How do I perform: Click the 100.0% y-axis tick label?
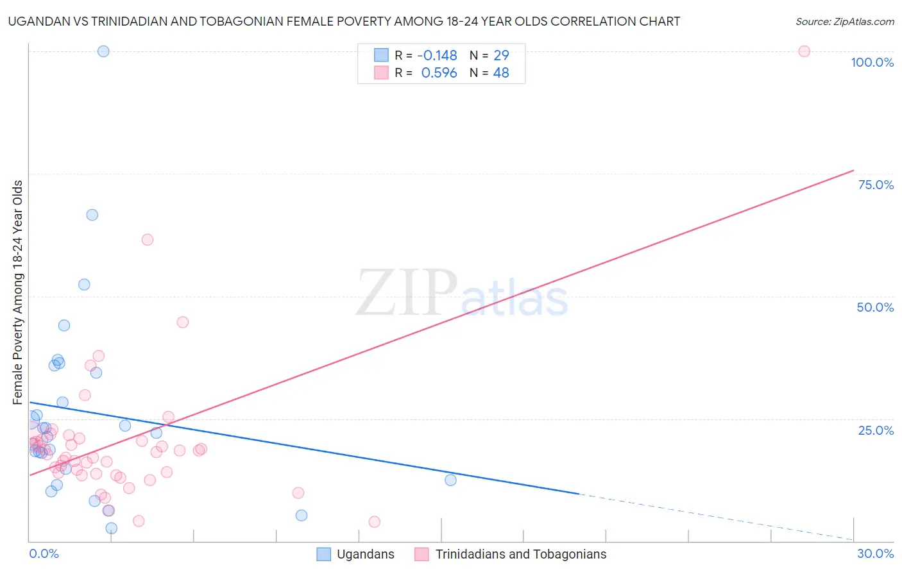872,62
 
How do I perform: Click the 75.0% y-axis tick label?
876,185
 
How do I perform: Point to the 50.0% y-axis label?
875,307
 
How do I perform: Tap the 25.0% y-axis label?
876,430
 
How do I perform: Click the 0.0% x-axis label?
44,553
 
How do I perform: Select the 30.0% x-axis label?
875,553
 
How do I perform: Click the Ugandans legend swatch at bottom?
324,554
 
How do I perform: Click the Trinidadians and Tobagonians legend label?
520,554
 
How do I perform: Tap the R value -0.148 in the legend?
437,56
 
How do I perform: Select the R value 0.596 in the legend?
439,73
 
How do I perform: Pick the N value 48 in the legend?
501,73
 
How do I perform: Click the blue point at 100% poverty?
103,51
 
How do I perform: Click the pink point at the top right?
804,51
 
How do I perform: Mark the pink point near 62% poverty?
148,240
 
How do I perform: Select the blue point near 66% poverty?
92,215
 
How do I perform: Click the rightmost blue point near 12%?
450,480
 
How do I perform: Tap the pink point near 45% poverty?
183,323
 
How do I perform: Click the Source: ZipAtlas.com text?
844,22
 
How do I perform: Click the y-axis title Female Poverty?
17,292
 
